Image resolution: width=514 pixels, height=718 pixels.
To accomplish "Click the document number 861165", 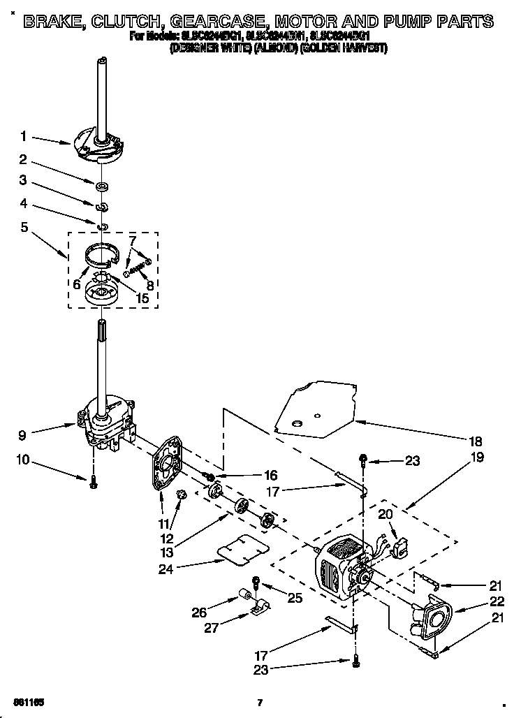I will (29, 701).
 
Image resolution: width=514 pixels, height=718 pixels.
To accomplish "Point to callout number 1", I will (23, 136).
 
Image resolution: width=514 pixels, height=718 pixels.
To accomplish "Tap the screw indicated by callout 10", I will (94, 481).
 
